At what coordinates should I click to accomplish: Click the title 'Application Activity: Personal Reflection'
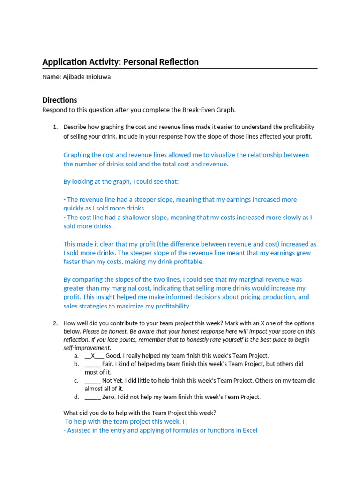tap(120, 62)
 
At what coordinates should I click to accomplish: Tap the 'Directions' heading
tap(60, 100)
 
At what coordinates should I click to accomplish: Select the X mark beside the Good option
tap(93, 356)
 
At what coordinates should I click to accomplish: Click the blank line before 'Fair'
tap(92, 364)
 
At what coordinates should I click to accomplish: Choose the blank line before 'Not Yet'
tap(92, 381)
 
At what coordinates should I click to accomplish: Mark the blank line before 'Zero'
tap(92, 397)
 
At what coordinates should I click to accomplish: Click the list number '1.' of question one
tap(55, 127)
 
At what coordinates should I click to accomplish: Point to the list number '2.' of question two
tap(55, 323)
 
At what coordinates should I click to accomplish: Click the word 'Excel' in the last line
tap(250, 430)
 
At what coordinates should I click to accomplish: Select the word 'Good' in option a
tap(113, 356)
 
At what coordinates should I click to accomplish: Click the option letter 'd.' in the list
tap(76, 397)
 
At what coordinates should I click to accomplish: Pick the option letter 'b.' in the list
tap(76, 364)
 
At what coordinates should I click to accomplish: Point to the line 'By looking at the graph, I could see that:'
tap(121, 181)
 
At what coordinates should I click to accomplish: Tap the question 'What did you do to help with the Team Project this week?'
tap(140, 413)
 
